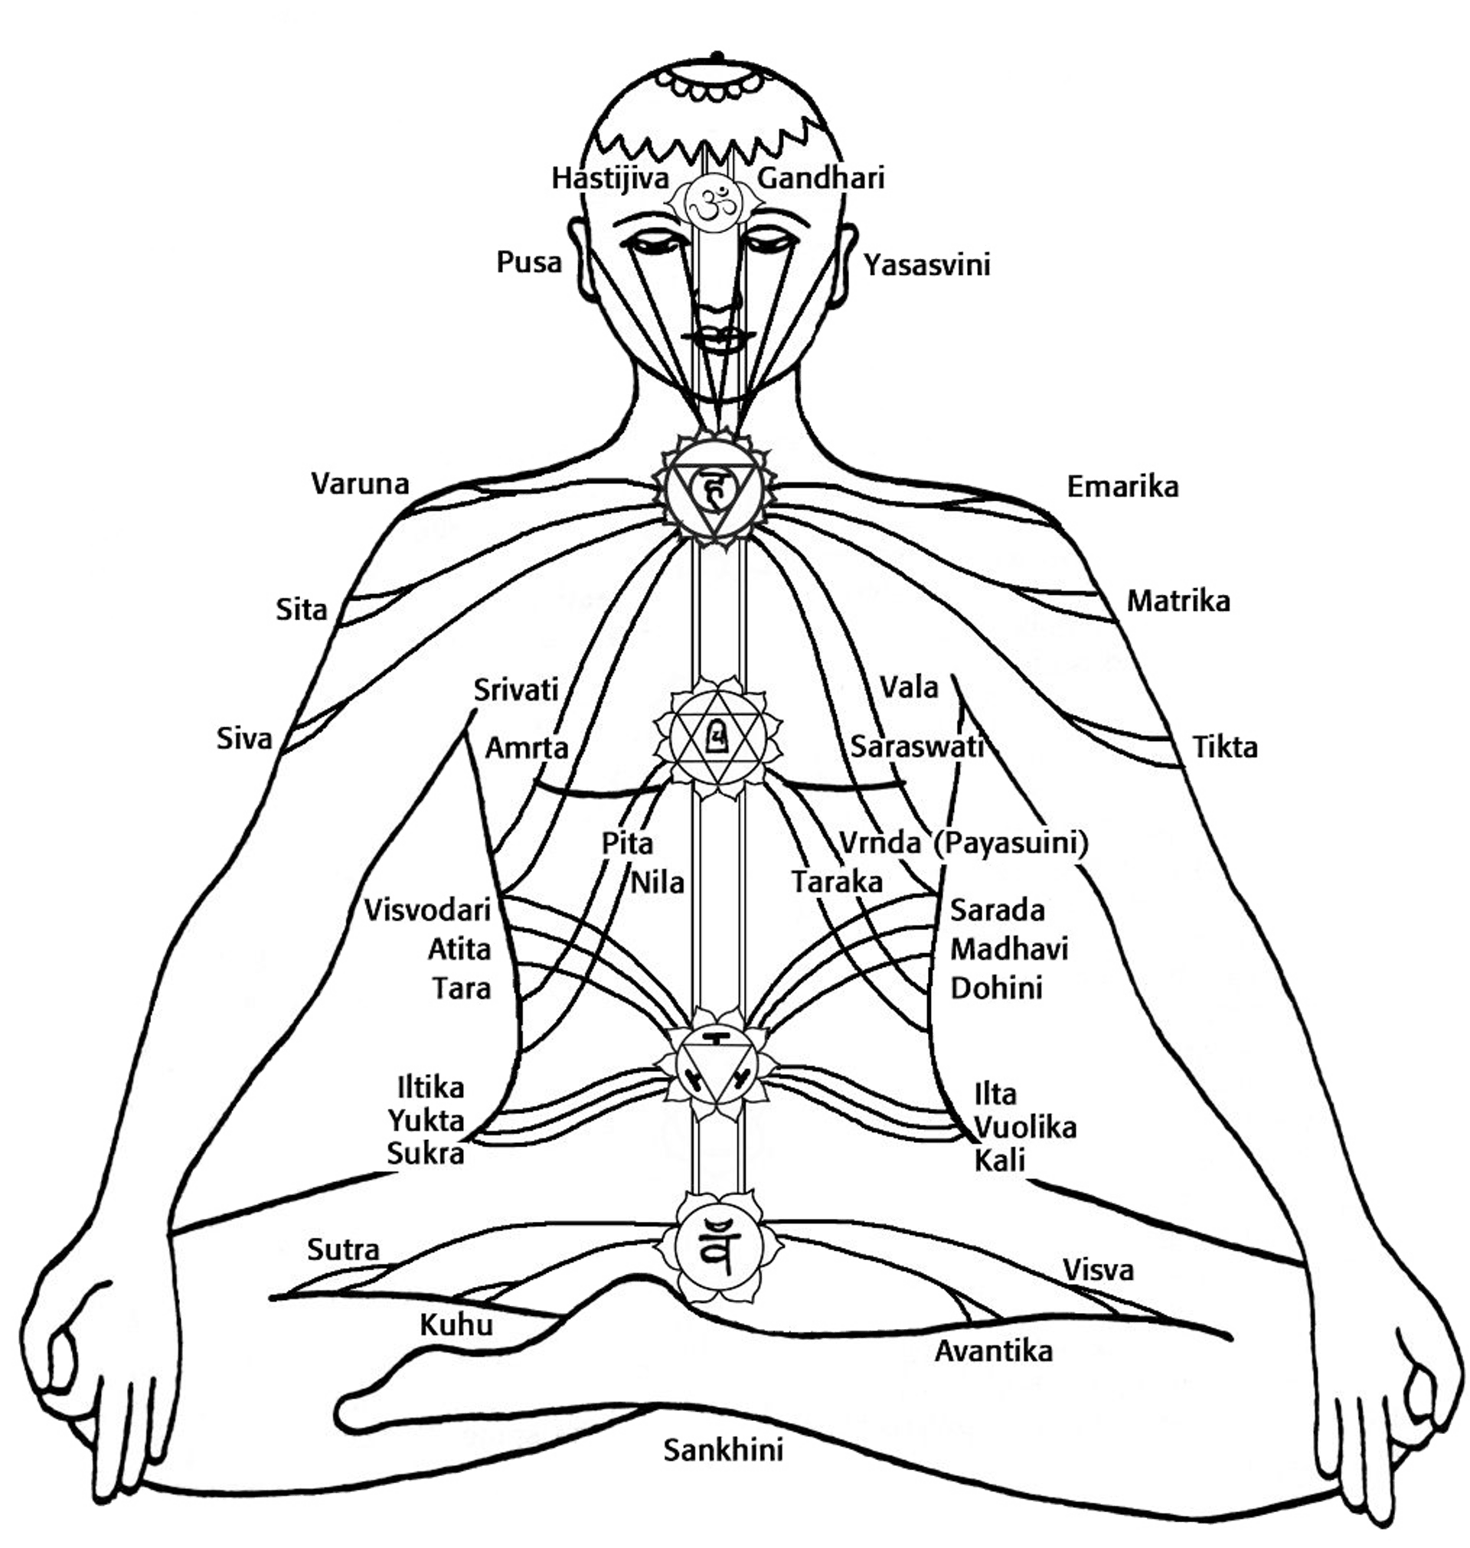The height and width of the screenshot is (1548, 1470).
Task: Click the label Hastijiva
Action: tap(610, 178)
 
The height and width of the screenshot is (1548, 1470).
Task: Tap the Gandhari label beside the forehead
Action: tap(822, 178)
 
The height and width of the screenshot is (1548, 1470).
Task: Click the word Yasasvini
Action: tap(928, 265)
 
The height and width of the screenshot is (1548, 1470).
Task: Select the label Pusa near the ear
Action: tap(530, 262)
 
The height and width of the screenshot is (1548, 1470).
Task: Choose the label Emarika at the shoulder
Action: tap(1122, 486)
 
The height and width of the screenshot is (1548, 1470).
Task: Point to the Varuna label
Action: tap(361, 483)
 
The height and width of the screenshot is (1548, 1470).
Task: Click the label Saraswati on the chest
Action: tap(916, 746)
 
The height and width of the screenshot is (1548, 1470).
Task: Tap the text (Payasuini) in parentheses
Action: tap(1011, 843)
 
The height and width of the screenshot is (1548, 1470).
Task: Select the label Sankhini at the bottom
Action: tap(724, 1449)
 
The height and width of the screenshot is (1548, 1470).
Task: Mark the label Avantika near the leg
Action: tap(994, 1351)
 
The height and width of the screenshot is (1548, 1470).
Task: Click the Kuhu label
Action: tap(457, 1324)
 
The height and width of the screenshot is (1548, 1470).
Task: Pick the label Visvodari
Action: tap(429, 910)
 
